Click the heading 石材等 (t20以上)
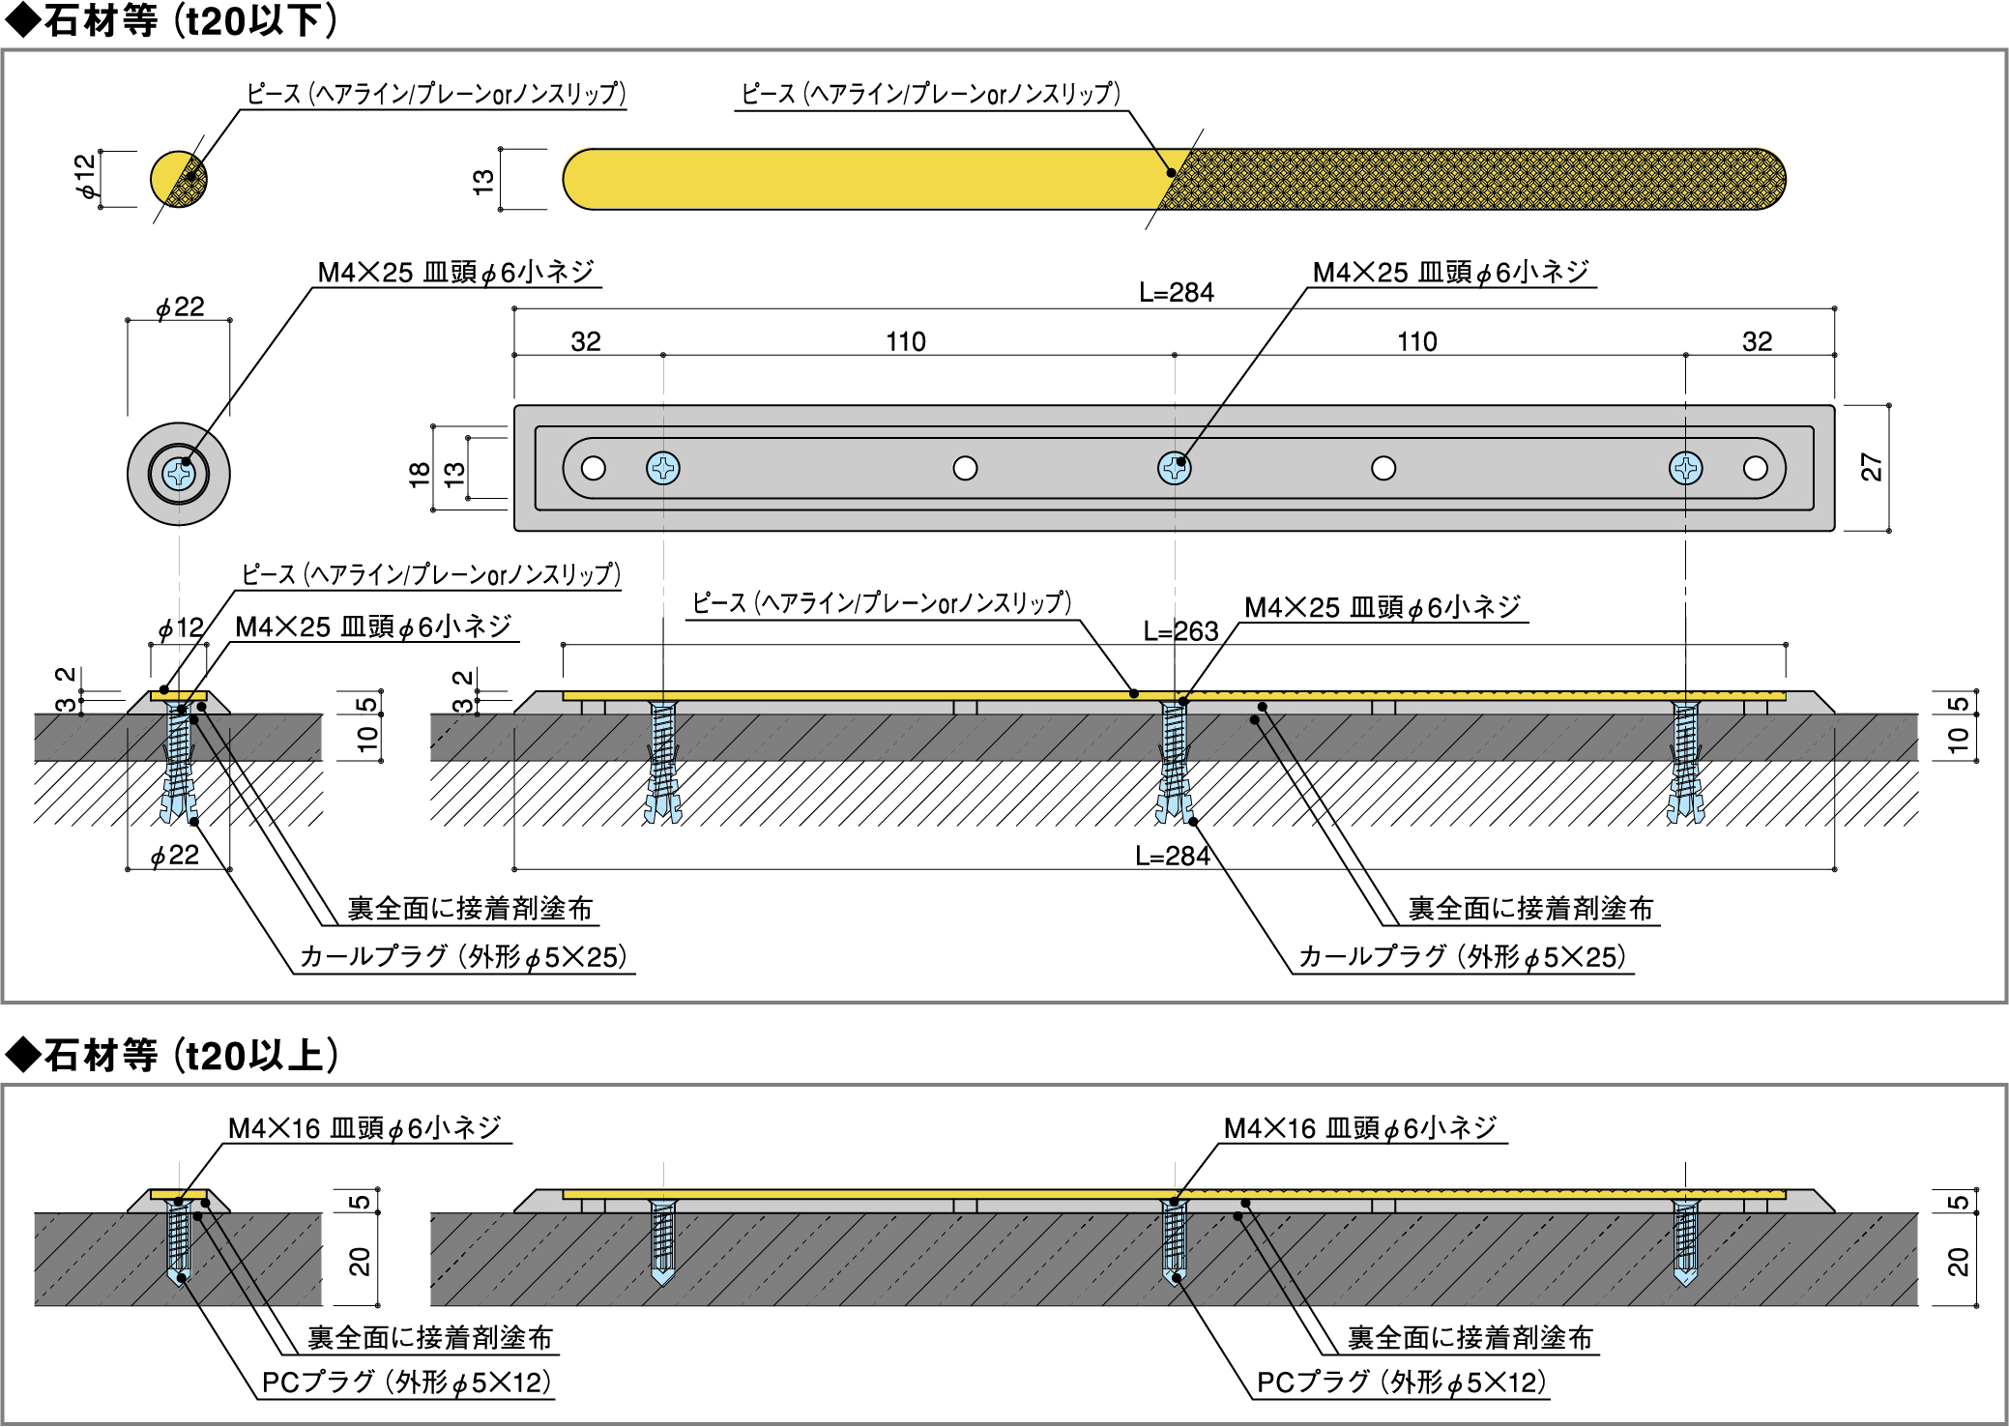point(174,1056)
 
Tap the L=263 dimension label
point(1180,631)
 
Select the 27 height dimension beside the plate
point(1871,468)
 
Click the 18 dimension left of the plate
point(420,473)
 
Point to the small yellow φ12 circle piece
point(178,179)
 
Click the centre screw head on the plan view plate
point(1174,468)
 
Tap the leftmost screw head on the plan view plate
point(663,468)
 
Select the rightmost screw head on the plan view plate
point(1685,468)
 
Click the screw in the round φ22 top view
point(179,474)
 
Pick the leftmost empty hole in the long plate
point(594,468)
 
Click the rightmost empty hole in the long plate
point(1756,468)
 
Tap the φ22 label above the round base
point(180,307)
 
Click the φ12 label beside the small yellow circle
point(86,176)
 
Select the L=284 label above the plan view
point(1176,293)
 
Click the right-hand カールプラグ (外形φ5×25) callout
point(1462,957)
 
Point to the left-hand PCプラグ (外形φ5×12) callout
point(406,1383)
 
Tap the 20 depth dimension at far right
point(1957,1262)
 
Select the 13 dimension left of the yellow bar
point(482,181)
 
